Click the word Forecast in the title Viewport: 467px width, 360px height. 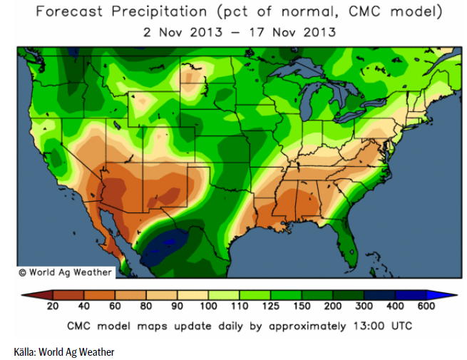point(71,12)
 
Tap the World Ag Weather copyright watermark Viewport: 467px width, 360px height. point(65,272)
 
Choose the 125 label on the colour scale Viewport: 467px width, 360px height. point(270,307)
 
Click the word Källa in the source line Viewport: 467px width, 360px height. point(25,351)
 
